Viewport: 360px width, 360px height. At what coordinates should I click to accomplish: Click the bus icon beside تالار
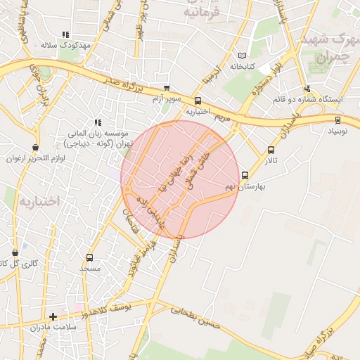(271, 150)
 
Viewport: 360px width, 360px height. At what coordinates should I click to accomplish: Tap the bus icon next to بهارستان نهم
(245, 176)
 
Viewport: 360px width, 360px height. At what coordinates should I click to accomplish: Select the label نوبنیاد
(338, 131)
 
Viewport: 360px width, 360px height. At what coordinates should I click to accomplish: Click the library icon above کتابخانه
(243, 56)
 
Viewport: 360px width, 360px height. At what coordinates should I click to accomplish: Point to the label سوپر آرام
(167, 98)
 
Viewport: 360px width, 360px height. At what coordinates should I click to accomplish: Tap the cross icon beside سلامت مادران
(53, 316)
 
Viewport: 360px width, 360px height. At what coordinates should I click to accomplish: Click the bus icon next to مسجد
(89, 257)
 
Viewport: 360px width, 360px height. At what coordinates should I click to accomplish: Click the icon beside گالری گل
(15, 252)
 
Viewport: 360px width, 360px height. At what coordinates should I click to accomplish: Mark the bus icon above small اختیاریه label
(198, 101)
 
